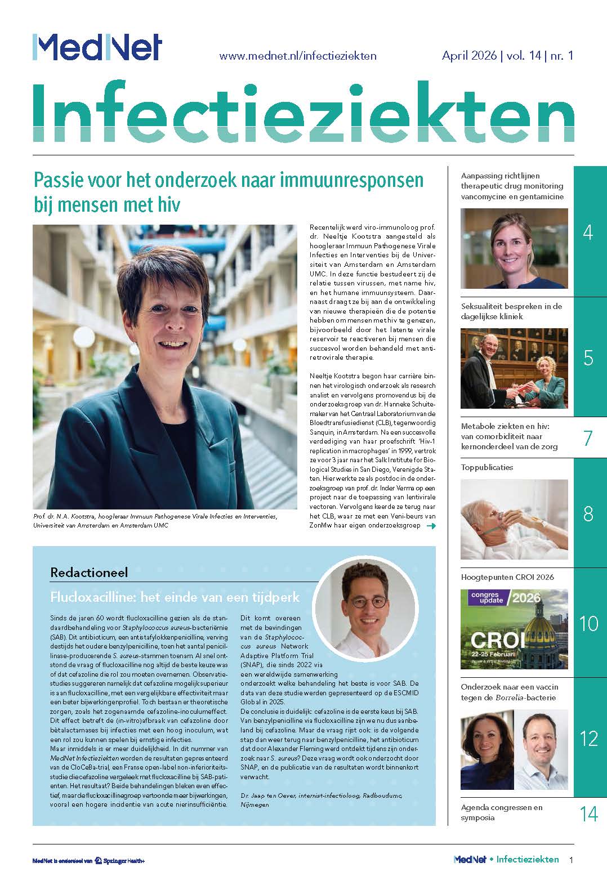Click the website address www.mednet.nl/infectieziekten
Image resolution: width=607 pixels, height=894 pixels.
pyautogui.click(x=297, y=56)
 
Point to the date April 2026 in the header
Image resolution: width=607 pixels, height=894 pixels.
pyautogui.click(x=469, y=56)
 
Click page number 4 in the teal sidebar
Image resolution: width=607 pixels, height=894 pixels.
pyautogui.click(x=588, y=232)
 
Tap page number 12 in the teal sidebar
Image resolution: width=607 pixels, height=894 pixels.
pyautogui.click(x=588, y=738)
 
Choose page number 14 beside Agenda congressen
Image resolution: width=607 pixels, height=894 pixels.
pyautogui.click(x=588, y=813)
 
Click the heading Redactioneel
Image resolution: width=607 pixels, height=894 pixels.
pyautogui.click(x=89, y=573)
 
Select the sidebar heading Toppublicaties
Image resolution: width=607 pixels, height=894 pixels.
pyautogui.click(x=487, y=467)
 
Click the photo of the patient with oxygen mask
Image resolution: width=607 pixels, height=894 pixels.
pyautogui.click(x=514, y=519)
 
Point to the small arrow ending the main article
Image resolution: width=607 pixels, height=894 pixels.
pyautogui.click(x=432, y=526)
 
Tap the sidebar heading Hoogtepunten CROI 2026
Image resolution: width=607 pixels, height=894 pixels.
pyautogui.click(x=507, y=577)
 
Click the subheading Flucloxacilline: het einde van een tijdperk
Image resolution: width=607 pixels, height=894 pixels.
pyautogui.click(x=175, y=596)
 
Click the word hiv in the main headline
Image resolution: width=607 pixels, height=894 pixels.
pyautogui.click(x=168, y=204)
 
